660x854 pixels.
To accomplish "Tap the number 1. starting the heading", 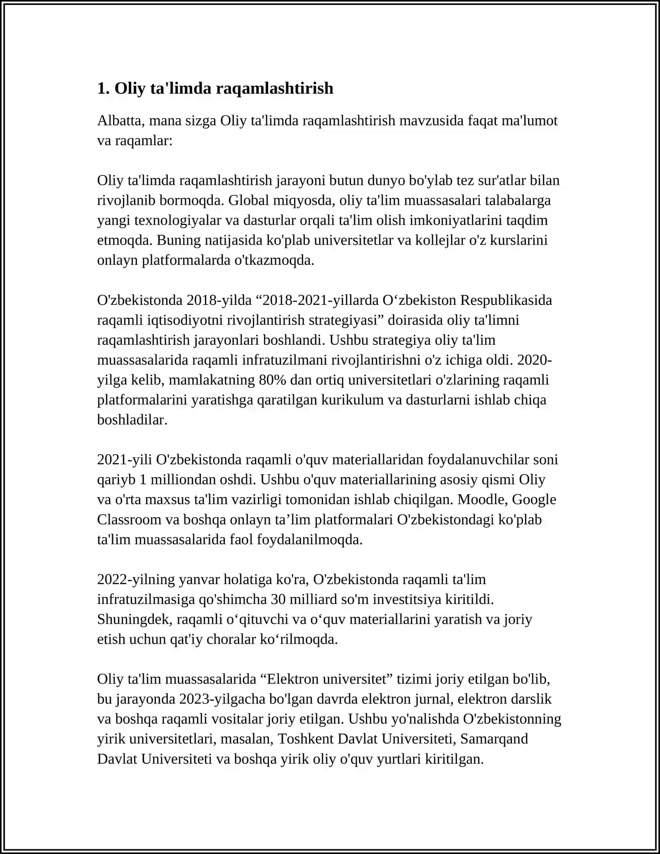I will click(x=103, y=88).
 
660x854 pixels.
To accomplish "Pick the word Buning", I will click(x=178, y=240).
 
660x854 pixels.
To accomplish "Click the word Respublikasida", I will click(x=506, y=300).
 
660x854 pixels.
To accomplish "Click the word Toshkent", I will click(x=306, y=738).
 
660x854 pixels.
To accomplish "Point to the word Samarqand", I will click(x=494, y=738).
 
